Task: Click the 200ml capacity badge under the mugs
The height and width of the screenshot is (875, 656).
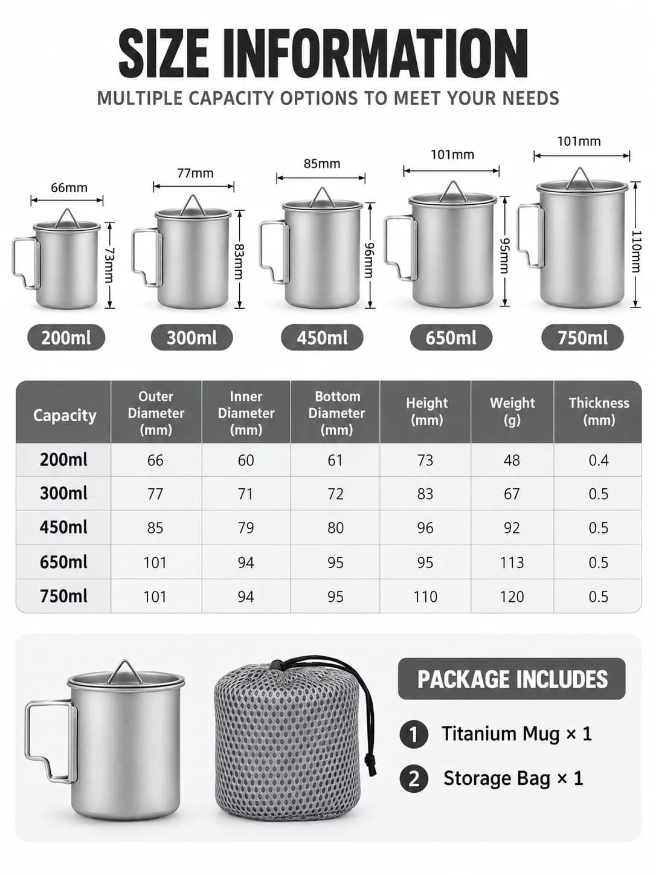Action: click(66, 338)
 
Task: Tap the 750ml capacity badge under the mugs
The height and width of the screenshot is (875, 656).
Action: click(582, 338)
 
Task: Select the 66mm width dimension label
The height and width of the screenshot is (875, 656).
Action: click(69, 187)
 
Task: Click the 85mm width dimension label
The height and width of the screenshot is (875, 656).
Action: click(322, 163)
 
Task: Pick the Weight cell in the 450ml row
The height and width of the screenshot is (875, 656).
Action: click(512, 528)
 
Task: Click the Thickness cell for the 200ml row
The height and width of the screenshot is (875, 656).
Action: click(598, 460)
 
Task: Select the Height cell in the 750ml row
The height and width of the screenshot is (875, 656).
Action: click(425, 597)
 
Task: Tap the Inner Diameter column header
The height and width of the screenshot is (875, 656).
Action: click(246, 413)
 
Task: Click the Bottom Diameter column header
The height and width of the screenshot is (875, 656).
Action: click(336, 413)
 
